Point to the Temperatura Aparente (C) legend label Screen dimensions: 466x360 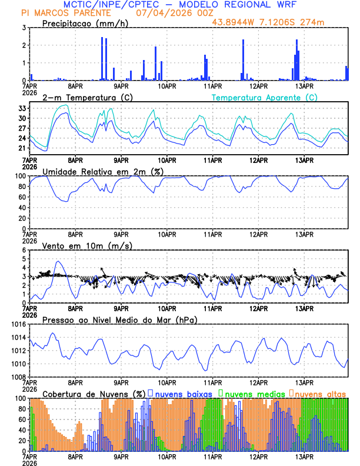265,97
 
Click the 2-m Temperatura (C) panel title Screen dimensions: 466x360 84,97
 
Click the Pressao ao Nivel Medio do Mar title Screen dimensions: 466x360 119,319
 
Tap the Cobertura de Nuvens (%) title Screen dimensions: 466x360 94,394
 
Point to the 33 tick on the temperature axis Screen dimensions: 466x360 22,108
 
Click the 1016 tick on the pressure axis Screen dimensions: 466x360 18,324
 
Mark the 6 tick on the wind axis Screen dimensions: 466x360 25,250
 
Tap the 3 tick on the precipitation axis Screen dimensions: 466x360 25,28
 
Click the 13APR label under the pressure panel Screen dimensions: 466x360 304,382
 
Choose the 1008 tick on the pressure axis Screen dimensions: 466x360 18,377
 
